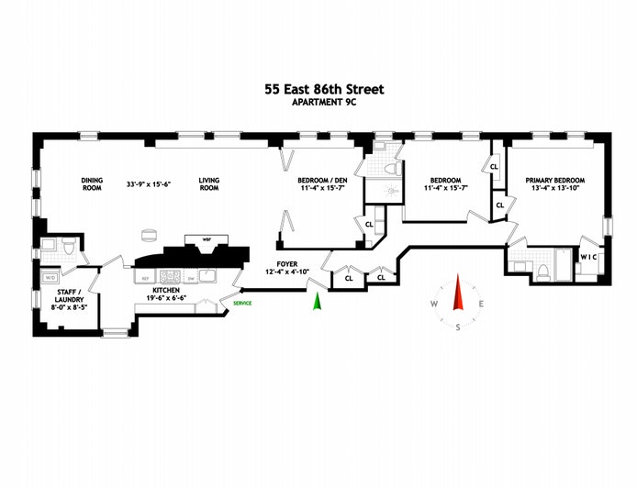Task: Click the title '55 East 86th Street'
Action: coord(320,89)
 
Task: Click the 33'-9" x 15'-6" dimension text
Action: coord(150,184)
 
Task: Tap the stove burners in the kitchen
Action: coord(171,275)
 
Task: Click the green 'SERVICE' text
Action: coord(243,302)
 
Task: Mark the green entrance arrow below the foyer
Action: coord(318,301)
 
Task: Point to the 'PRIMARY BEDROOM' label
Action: coord(554,181)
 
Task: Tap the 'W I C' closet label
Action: coord(589,256)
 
